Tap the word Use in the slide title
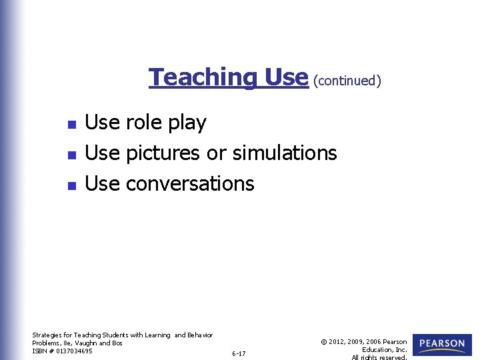(x=285, y=77)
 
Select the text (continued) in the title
(x=347, y=81)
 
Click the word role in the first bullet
(x=145, y=123)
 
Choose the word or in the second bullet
(x=216, y=154)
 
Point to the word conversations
(x=190, y=184)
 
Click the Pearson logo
(x=442, y=344)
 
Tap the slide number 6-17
(x=239, y=353)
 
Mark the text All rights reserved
(x=379, y=357)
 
